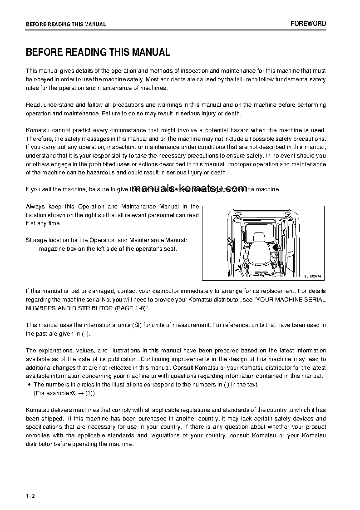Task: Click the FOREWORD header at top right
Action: point(308,24)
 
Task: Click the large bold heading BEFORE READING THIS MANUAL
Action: point(98,53)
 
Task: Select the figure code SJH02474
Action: point(313,275)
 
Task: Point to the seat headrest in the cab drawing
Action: point(259,237)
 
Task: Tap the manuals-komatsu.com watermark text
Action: point(190,188)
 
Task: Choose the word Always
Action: point(35,206)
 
